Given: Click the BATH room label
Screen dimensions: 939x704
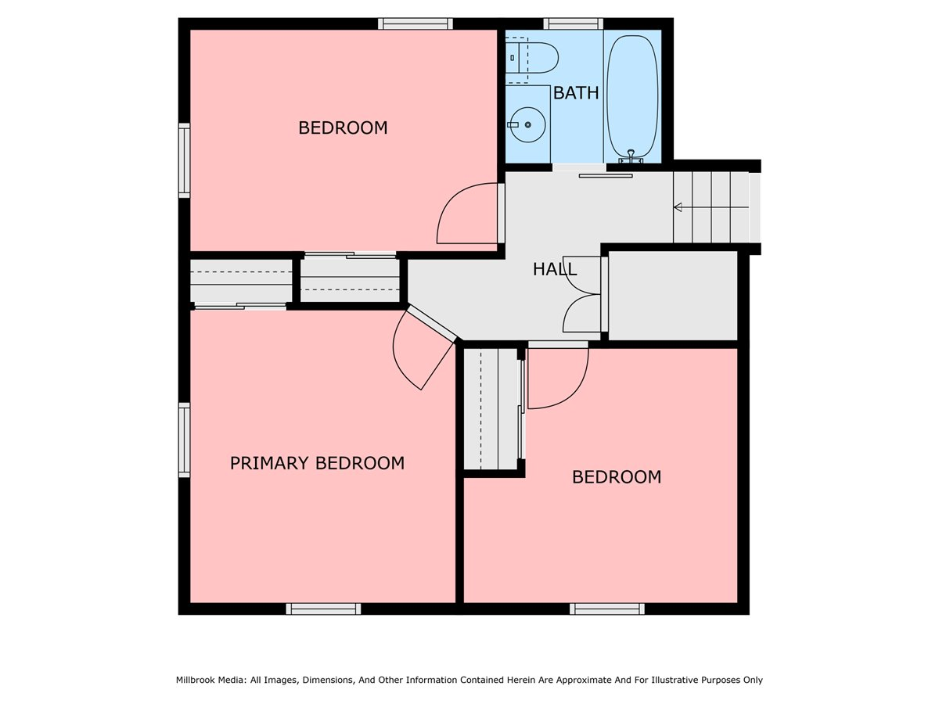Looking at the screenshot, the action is click(x=576, y=93).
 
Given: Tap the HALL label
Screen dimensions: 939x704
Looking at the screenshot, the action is click(x=555, y=269).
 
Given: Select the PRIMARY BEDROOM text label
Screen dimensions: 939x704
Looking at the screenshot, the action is click(x=317, y=463).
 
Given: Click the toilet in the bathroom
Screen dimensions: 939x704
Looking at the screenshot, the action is click(x=532, y=58).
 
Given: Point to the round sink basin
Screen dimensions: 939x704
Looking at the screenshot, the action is click(x=528, y=125).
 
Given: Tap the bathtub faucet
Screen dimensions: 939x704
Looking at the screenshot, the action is click(x=631, y=156).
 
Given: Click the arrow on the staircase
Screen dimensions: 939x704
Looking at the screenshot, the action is click(x=711, y=207).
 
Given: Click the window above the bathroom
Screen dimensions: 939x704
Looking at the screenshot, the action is click(x=574, y=23).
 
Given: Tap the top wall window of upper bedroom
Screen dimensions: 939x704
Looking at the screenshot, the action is click(x=415, y=23).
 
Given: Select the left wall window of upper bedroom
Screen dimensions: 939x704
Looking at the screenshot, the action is click(x=184, y=160).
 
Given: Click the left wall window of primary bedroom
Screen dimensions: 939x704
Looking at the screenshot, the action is click(x=184, y=440).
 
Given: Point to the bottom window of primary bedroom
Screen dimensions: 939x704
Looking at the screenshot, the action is click(x=323, y=609).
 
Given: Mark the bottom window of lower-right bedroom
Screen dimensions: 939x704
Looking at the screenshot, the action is click(x=607, y=609).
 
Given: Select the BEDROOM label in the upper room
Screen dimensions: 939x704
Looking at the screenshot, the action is click(x=343, y=128).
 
